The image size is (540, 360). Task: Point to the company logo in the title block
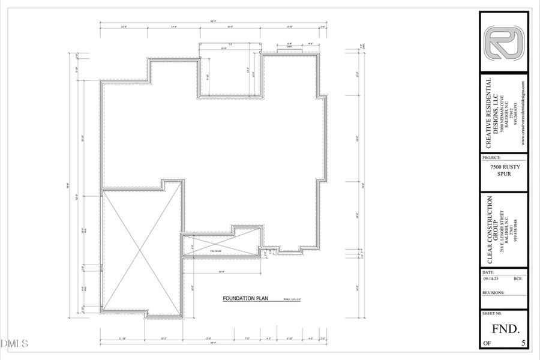[x=504, y=43]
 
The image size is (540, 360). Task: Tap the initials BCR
[x=517, y=278]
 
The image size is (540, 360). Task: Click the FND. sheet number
[x=505, y=328]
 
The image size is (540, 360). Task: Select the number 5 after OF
[x=523, y=343]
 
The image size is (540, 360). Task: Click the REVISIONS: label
[x=493, y=293]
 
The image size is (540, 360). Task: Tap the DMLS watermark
[x=15, y=344]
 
